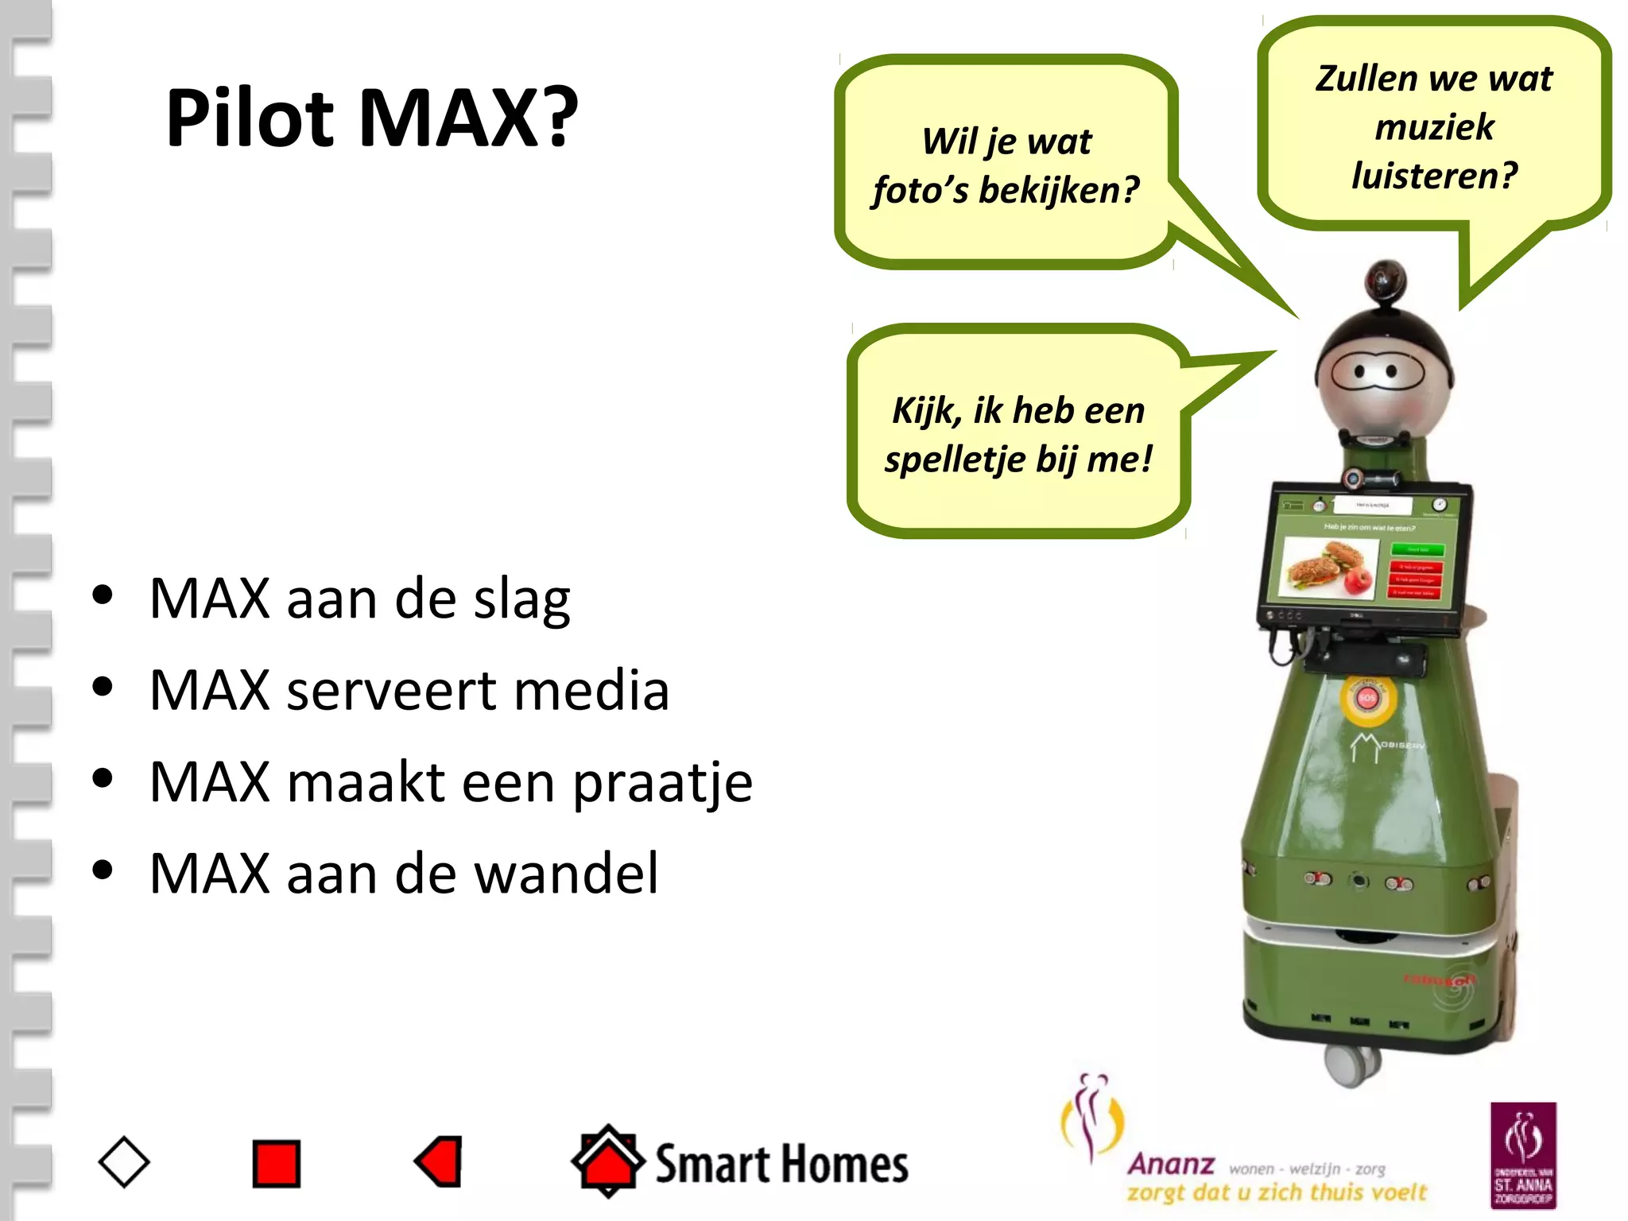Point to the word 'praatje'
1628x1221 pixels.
click(x=662, y=783)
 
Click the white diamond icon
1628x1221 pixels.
click(x=124, y=1162)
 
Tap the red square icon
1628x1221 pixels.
click(x=276, y=1164)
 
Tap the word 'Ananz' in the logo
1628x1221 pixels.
click(x=1171, y=1165)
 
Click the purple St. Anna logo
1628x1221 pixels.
click(x=1522, y=1154)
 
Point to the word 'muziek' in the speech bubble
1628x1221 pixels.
click(x=1434, y=127)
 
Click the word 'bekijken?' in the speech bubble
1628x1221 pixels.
click(x=1059, y=190)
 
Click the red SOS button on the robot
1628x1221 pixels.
click(x=1366, y=698)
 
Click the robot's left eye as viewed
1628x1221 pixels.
click(x=1360, y=371)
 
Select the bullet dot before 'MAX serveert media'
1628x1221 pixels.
click(x=103, y=687)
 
